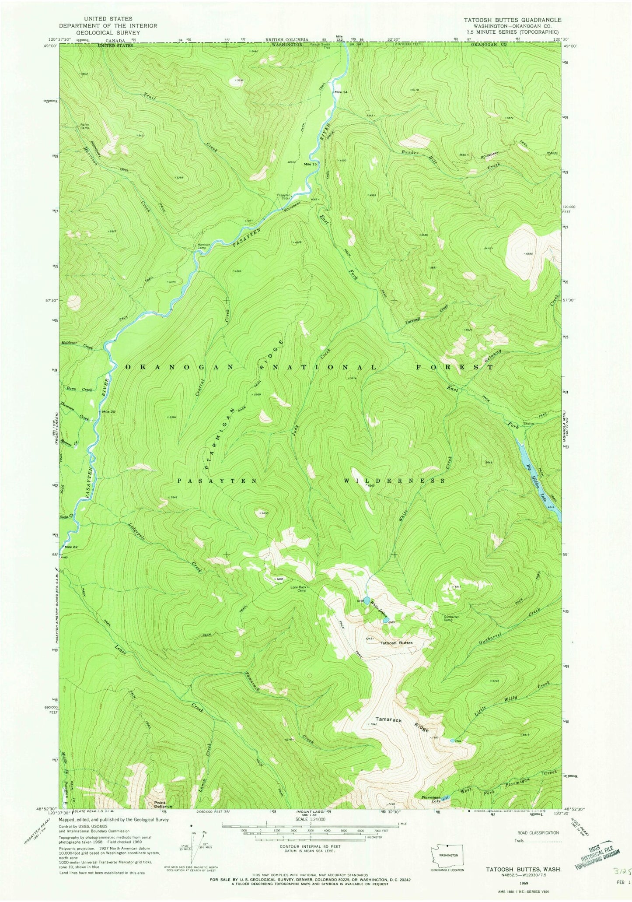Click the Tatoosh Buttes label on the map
(396, 643)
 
